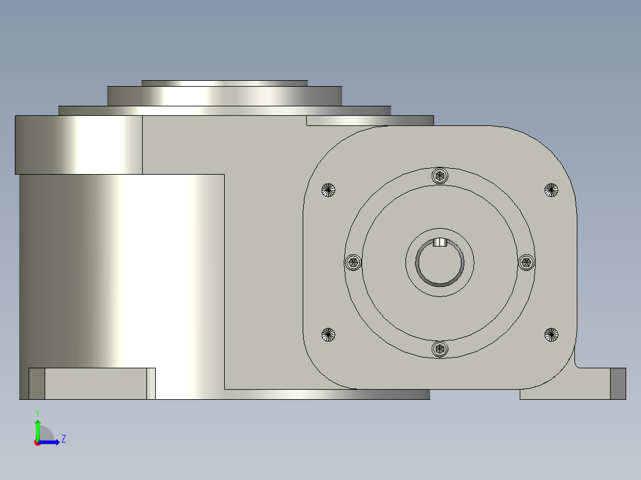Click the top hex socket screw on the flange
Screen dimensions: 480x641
coord(439,175)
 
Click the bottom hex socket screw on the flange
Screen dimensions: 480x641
coord(439,349)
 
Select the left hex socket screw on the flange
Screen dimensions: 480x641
coord(353,263)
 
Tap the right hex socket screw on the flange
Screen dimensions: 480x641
coord(526,262)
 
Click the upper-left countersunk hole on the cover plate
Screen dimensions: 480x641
coord(328,190)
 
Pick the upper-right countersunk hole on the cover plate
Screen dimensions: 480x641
coord(551,190)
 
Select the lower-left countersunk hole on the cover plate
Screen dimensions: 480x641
coord(328,334)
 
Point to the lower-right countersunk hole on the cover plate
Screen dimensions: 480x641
coord(551,334)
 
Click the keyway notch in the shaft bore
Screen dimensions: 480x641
coord(439,242)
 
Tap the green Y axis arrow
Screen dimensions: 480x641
coord(37,428)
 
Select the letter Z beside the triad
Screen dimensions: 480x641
coord(63,439)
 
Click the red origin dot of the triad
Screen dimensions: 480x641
coord(37,443)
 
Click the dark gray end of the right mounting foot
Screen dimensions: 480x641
coord(618,383)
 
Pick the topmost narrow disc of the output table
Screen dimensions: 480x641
coord(225,83)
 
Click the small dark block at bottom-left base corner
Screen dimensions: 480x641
coord(37,383)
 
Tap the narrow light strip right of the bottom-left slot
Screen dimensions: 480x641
coord(150,383)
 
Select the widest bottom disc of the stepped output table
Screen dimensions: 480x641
coord(225,110)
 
